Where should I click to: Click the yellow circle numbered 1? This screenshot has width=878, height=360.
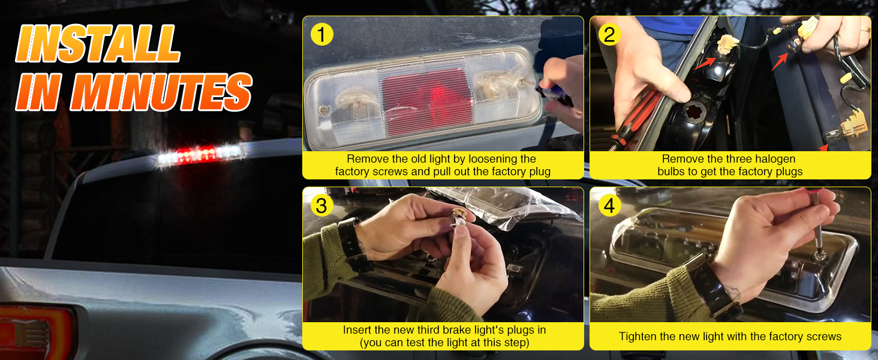click(322, 34)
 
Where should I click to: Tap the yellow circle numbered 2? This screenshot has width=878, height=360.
click(609, 34)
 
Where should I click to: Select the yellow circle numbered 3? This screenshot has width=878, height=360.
click(322, 205)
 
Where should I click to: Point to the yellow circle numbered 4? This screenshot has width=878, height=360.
click(609, 205)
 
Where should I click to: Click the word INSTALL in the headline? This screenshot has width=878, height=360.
click(98, 44)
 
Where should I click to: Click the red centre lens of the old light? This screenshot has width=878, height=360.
click(427, 101)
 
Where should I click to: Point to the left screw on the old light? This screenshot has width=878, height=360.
click(323, 110)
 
